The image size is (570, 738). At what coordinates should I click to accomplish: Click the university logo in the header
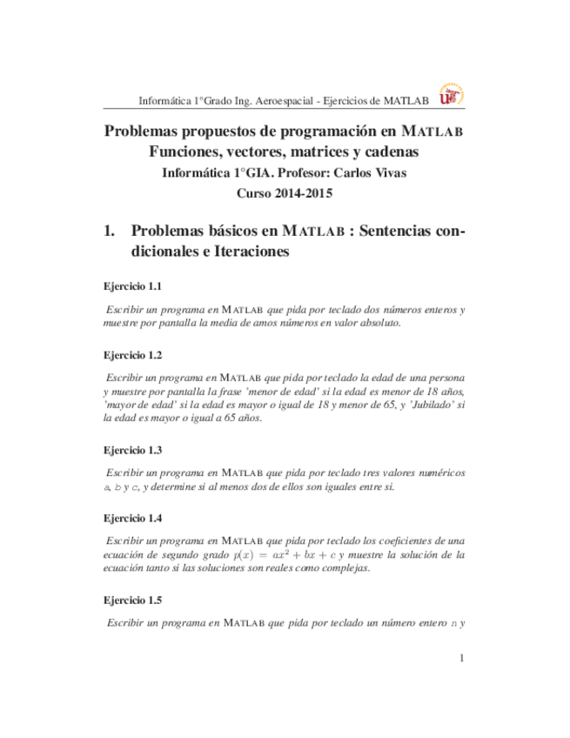[450, 96]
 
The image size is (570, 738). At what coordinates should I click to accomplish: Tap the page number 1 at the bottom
[462, 658]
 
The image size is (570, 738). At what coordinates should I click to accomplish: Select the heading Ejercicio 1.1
[132, 286]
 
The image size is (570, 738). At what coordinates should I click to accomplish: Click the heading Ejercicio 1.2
[132, 356]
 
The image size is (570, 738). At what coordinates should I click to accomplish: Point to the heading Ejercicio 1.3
[132, 451]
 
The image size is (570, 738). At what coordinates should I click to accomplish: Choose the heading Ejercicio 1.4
[132, 519]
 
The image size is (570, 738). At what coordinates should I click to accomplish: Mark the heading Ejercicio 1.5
[132, 600]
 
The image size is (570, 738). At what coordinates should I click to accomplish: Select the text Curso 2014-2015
[285, 193]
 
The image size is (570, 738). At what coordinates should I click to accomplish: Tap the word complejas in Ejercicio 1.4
[320, 568]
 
